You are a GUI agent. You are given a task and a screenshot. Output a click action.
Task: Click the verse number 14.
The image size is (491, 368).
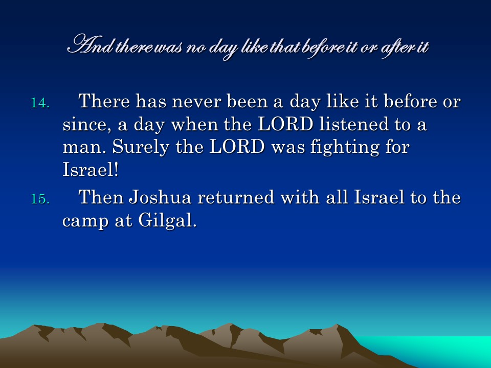pos(40,103)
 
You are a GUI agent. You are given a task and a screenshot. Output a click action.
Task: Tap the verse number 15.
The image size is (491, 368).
pos(40,199)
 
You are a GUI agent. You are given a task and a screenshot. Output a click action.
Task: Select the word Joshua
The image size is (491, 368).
pos(160,197)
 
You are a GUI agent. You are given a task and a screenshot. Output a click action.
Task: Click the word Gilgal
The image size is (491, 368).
pos(168,221)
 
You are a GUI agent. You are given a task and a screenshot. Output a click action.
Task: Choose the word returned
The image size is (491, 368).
pos(235,198)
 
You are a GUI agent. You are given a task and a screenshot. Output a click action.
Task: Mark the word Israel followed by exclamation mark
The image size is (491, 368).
pos(91,169)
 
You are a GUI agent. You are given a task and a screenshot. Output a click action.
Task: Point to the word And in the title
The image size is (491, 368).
pos(91,45)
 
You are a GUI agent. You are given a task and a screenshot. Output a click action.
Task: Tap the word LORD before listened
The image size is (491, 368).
pos(285,125)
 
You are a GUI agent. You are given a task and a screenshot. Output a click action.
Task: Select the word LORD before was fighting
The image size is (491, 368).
pos(237,147)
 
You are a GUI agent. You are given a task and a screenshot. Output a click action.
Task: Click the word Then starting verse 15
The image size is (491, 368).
pos(101,197)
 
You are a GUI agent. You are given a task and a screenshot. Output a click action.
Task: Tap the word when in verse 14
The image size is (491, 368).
pos(194,125)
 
